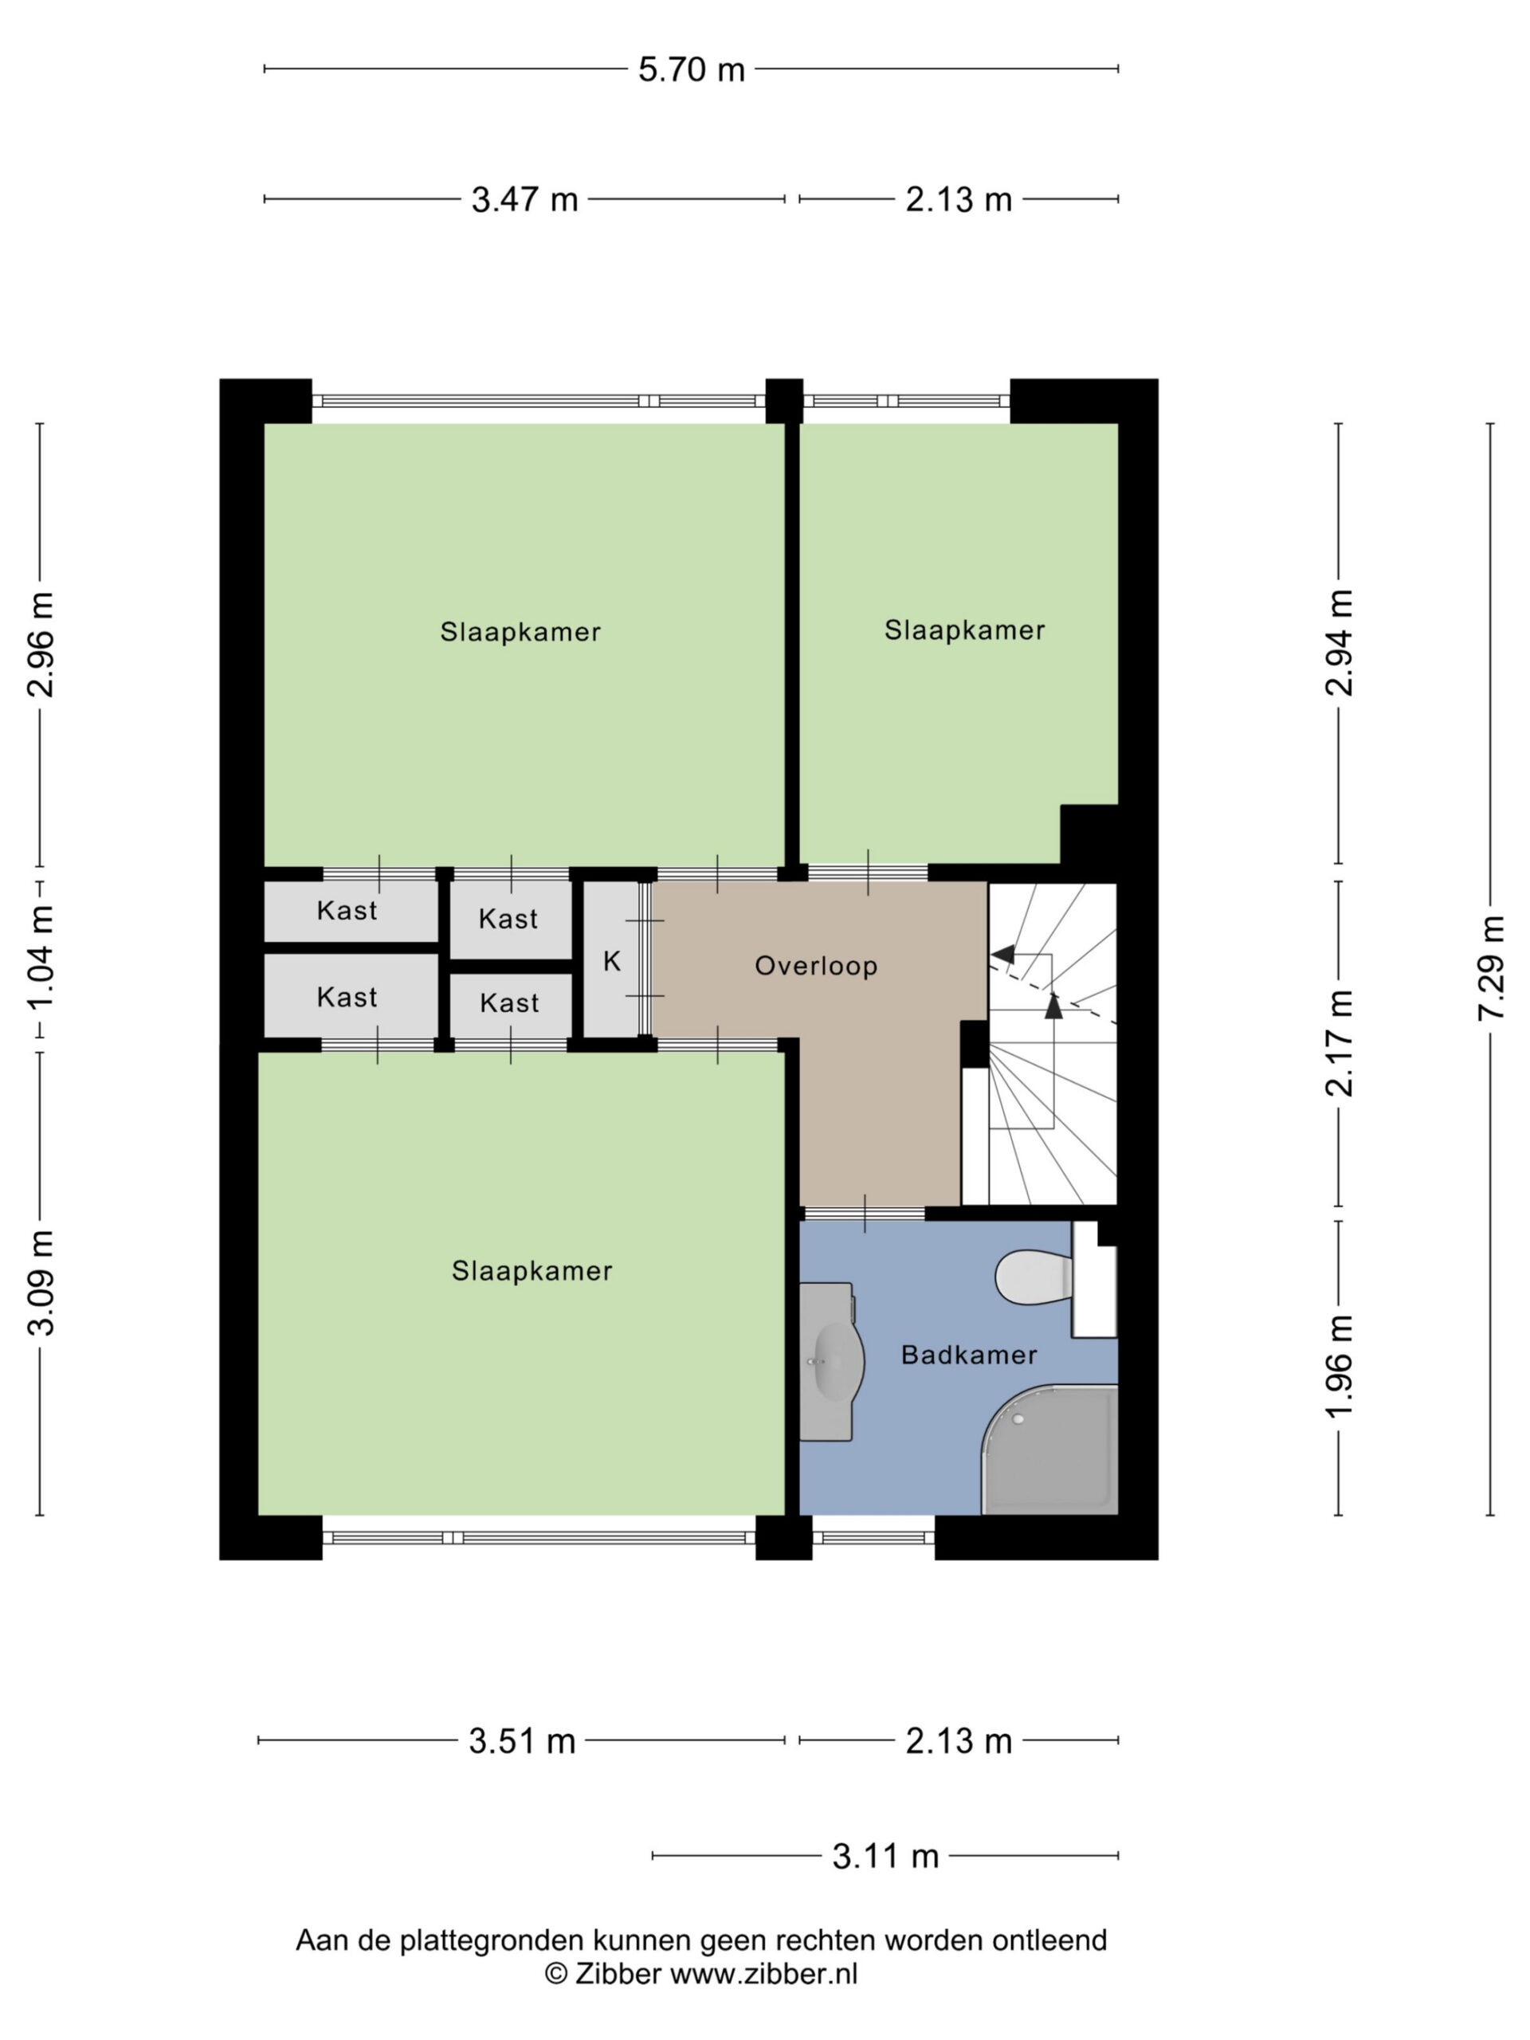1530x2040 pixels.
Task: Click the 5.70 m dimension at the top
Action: tap(692, 69)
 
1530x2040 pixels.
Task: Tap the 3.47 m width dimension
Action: tap(525, 199)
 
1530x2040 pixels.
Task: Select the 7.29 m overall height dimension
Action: tap(1490, 967)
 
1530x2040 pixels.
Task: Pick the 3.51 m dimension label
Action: tap(522, 1740)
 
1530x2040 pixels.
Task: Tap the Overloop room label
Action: tap(816, 966)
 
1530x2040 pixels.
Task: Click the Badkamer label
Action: tap(969, 1355)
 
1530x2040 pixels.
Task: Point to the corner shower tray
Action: tap(1049, 1449)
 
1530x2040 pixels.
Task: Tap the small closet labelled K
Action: tap(611, 961)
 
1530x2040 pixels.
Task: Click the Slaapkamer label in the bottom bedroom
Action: tap(532, 1271)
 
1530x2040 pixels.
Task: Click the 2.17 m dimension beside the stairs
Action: tap(1339, 1043)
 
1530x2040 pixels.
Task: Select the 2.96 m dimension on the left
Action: tap(41, 644)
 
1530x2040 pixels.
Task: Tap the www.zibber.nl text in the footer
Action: tap(763, 1973)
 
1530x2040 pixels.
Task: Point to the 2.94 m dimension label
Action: tap(1339, 643)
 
